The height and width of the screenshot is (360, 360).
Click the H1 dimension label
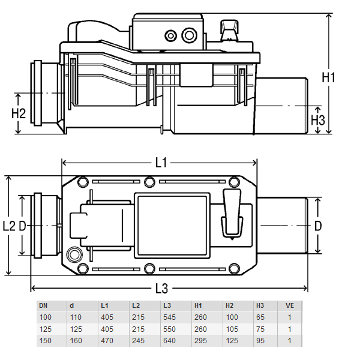point(328,77)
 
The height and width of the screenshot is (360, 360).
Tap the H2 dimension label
point(19,112)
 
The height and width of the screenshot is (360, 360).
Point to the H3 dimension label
point(318,119)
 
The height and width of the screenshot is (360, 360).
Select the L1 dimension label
point(160,162)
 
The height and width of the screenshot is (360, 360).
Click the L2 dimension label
point(8,226)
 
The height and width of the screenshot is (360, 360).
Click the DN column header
point(45,305)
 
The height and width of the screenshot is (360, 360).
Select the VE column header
point(289,305)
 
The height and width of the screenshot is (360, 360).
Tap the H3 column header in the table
point(260,305)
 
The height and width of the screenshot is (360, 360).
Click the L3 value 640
point(169,340)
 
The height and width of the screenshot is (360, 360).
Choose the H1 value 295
point(200,340)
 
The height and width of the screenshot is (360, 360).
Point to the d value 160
point(76,340)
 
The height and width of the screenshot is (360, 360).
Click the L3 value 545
point(169,317)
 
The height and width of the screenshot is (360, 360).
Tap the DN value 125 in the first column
point(46,329)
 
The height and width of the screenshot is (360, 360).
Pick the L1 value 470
point(107,340)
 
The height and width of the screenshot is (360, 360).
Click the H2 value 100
point(231,317)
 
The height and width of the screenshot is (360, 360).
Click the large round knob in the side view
point(190,35)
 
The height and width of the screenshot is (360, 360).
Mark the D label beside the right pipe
point(318,226)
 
